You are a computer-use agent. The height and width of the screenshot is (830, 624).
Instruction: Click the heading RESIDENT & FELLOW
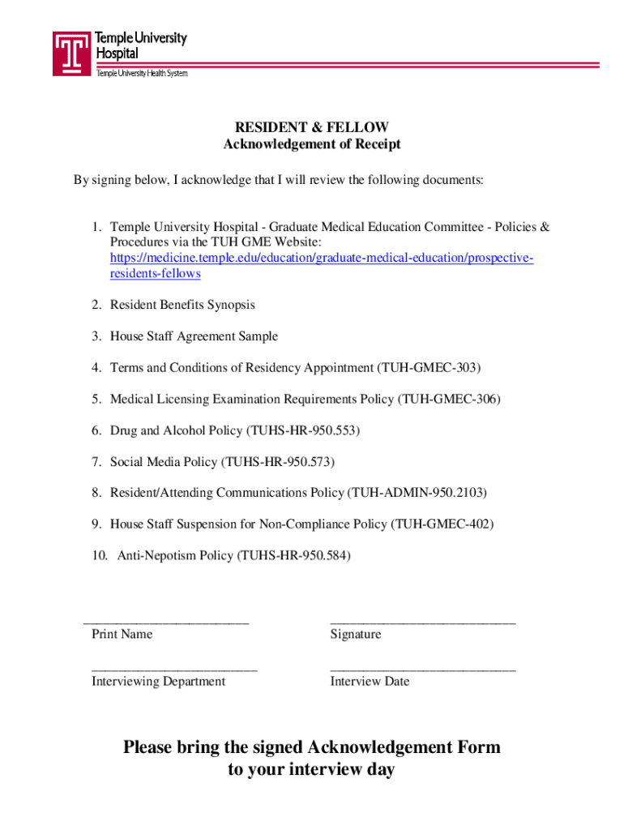[312, 127]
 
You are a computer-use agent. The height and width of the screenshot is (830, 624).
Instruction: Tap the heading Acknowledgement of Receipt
[312, 144]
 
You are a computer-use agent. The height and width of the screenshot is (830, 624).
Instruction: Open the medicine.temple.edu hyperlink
[322, 258]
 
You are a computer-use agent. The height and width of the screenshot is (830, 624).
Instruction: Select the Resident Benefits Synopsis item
[182, 305]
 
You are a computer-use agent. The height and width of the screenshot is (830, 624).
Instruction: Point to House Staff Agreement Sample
[194, 336]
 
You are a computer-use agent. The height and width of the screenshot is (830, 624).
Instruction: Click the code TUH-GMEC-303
[429, 368]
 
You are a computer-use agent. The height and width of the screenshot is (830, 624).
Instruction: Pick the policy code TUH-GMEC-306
[449, 399]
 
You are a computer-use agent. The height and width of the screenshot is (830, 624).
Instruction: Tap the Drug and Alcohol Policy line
[235, 430]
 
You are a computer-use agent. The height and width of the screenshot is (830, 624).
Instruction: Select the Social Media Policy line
[222, 462]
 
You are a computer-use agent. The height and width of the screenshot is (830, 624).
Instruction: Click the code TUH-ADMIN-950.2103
[417, 493]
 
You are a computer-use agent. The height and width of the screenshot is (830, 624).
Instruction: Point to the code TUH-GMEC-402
[442, 524]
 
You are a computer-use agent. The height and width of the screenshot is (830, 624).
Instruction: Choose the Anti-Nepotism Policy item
[234, 556]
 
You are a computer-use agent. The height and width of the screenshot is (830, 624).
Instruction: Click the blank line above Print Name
[166, 621]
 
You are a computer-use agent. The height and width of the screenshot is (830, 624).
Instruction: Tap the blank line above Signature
[422, 621]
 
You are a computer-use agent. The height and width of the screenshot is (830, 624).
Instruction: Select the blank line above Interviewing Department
[174, 669]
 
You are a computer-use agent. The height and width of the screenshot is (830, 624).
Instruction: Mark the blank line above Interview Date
[422, 669]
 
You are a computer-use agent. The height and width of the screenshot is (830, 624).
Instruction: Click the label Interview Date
[370, 682]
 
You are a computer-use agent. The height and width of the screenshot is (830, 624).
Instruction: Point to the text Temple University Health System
[142, 74]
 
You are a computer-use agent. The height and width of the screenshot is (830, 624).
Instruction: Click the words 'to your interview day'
[311, 770]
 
